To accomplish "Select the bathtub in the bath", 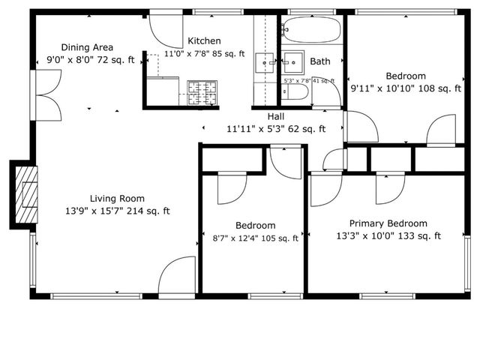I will tap(311, 31).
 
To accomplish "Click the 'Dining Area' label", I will tap(88, 46).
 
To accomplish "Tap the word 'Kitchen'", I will tap(204, 41).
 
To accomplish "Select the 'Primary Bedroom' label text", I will tap(388, 223).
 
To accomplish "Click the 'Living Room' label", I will tap(117, 199).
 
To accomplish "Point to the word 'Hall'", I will tap(276, 117).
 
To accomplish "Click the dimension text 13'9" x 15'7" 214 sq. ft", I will tap(117, 211).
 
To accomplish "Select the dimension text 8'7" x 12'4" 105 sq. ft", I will tap(255, 238).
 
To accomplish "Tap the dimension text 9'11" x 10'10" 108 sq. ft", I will tap(406, 88).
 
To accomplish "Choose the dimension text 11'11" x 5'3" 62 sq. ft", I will tap(276, 129).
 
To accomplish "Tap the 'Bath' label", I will tap(319, 61).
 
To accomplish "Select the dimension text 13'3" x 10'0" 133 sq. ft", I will tap(388, 236).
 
